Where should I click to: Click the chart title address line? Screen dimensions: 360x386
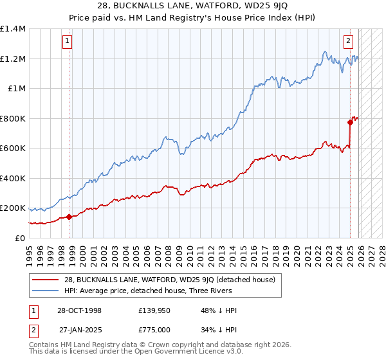pyautogui.click(x=193, y=6)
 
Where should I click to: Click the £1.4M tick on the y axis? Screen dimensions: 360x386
pyautogui.click(x=13, y=29)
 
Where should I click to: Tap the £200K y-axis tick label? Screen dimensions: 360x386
pyautogui.click(x=13, y=208)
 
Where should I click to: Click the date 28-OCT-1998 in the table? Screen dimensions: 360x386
pyautogui.click(x=80, y=310)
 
